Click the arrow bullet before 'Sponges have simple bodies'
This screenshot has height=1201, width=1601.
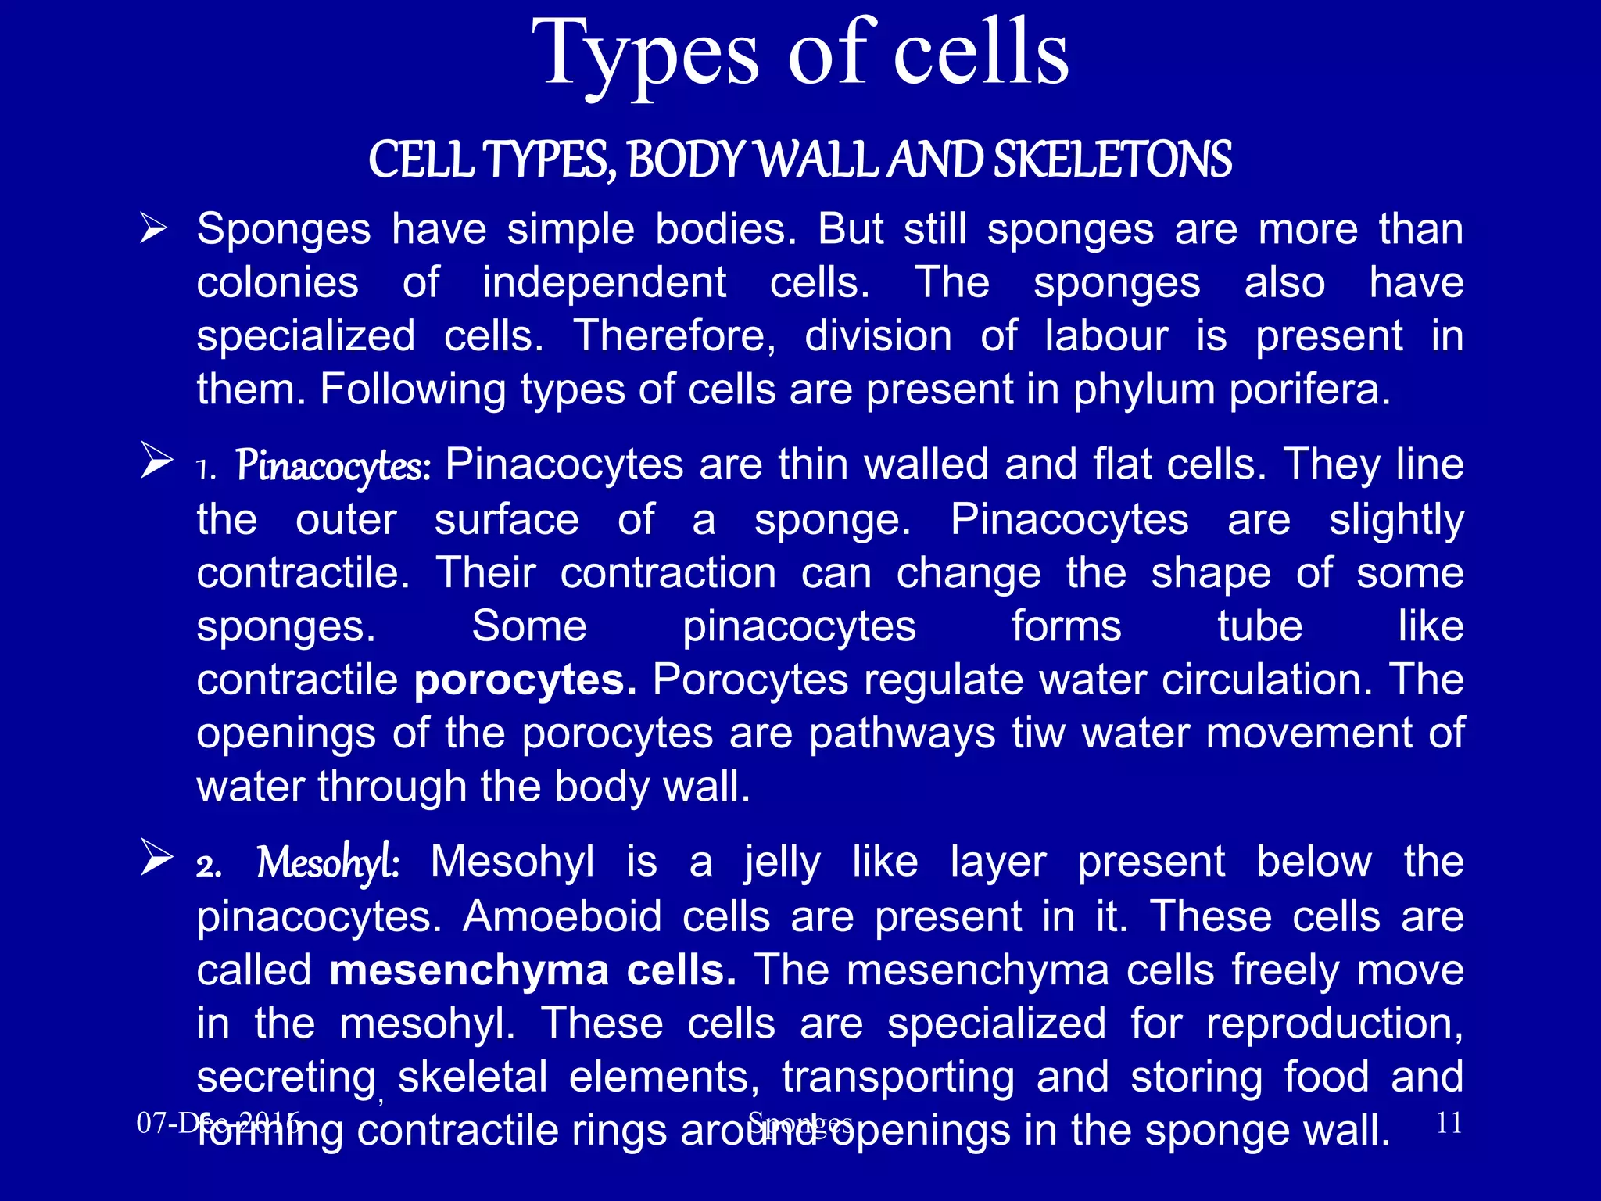[153, 229]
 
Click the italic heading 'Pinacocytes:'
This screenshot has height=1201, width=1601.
[333, 466]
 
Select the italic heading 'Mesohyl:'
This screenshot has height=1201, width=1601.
[328, 863]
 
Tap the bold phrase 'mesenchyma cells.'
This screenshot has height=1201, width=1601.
[532, 970]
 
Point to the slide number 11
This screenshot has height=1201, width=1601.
[1449, 1123]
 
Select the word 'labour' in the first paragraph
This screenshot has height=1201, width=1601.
[1106, 336]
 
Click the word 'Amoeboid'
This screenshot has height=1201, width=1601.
[562, 916]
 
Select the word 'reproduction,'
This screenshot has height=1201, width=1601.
[1334, 1024]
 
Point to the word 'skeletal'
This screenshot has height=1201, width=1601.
[472, 1077]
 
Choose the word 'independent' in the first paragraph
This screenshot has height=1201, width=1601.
[604, 282]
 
